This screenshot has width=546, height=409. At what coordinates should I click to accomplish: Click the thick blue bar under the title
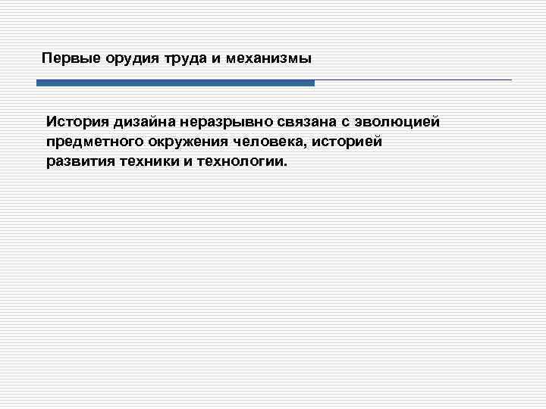click(x=175, y=83)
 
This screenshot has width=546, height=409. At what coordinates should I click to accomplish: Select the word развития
click(x=80, y=162)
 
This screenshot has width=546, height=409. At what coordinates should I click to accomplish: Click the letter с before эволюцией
click(x=338, y=121)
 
